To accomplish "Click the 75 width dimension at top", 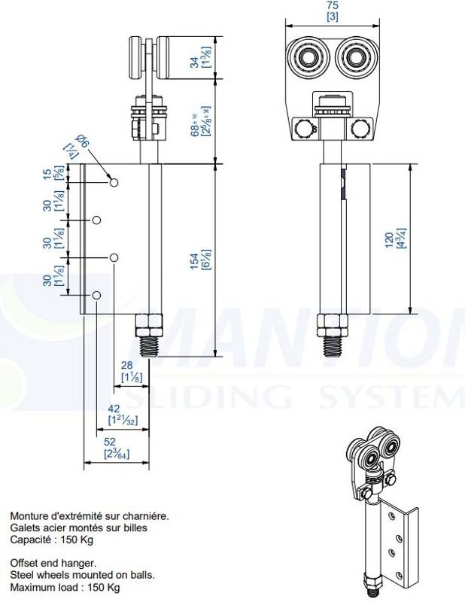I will point(332,6).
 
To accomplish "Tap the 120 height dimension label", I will point(389,239).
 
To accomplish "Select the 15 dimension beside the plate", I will point(49,174).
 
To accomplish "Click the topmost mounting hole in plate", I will point(114,183).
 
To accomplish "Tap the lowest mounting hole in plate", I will point(96,295).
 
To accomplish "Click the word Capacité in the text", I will point(30,540).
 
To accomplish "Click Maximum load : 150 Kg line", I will point(65,587).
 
